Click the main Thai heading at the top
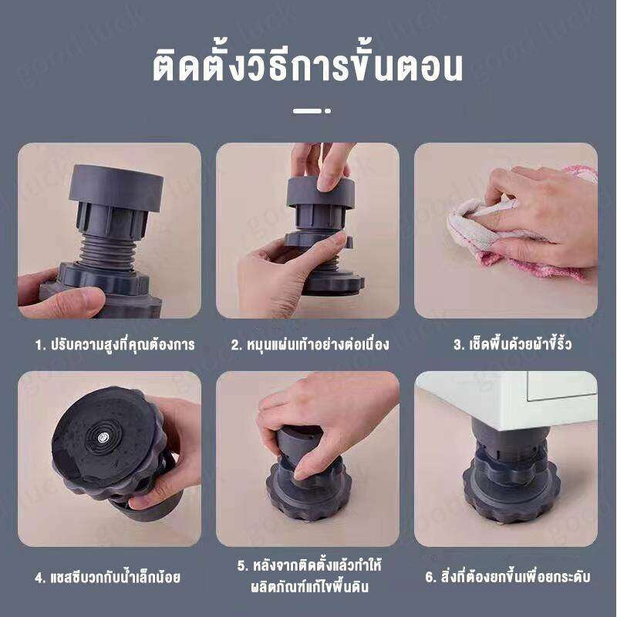tap(307, 68)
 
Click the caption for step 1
tap(115, 345)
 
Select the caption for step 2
tap(309, 345)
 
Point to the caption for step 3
tap(512, 345)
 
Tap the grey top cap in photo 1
tap(116, 185)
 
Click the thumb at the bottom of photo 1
tap(69, 302)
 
